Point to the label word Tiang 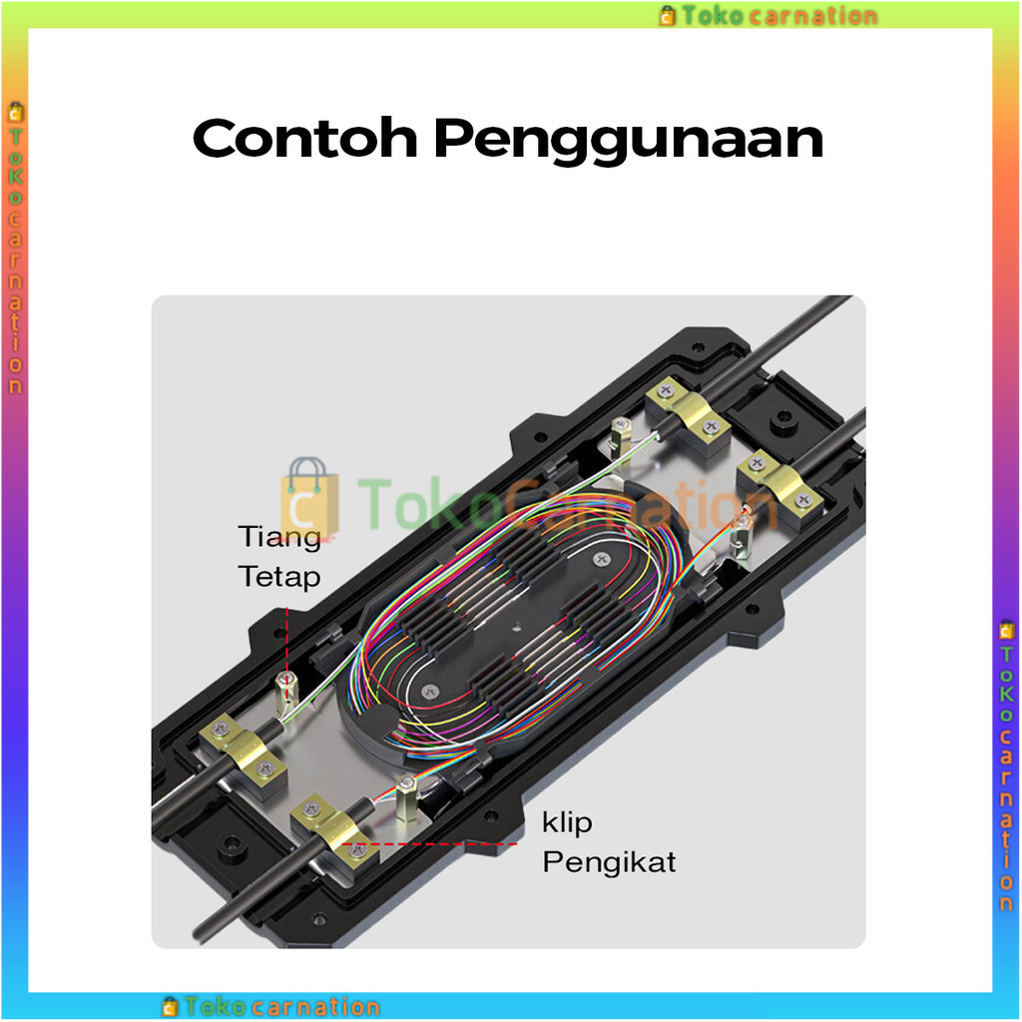coord(279,536)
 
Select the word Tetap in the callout coord(279,577)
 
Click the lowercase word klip coord(567,822)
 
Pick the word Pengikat coord(609,861)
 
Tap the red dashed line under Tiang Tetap coord(287,639)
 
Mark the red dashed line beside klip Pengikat coord(439,843)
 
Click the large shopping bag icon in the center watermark coord(308,496)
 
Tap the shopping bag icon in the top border coord(668,16)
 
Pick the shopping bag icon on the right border coord(1007,630)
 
